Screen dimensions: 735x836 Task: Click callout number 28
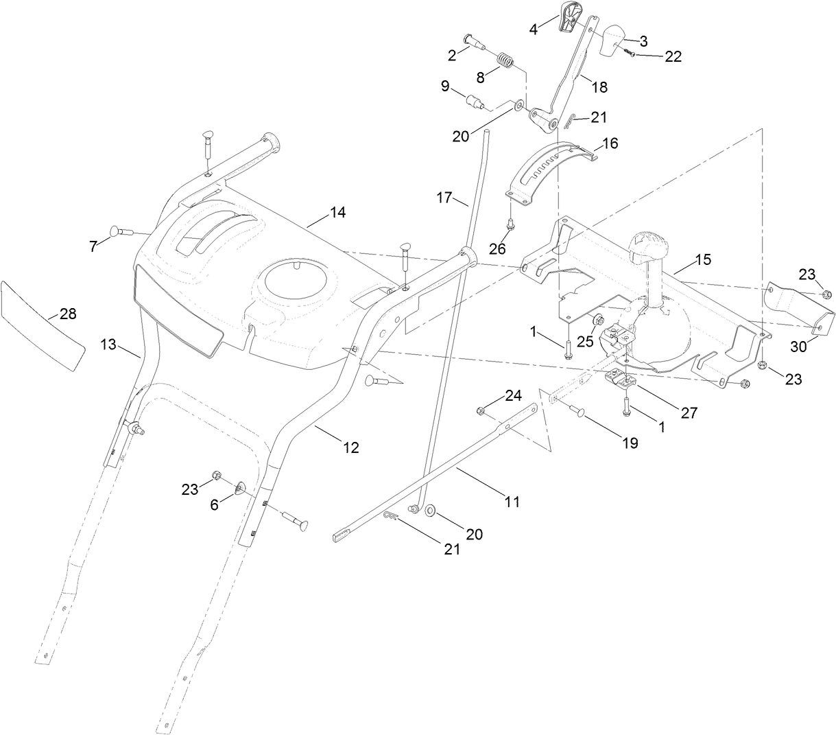pyautogui.click(x=68, y=314)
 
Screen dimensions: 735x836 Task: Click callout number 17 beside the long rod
pyautogui.click(x=444, y=198)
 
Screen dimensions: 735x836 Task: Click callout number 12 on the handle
pyautogui.click(x=350, y=447)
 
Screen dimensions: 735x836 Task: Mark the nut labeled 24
pyautogui.click(x=480, y=410)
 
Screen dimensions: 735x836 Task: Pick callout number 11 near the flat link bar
pyautogui.click(x=512, y=502)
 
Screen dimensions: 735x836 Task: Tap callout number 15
pyautogui.click(x=703, y=259)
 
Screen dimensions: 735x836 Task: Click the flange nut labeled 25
pyautogui.click(x=597, y=318)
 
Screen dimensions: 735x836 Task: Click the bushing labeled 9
pyautogui.click(x=473, y=103)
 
